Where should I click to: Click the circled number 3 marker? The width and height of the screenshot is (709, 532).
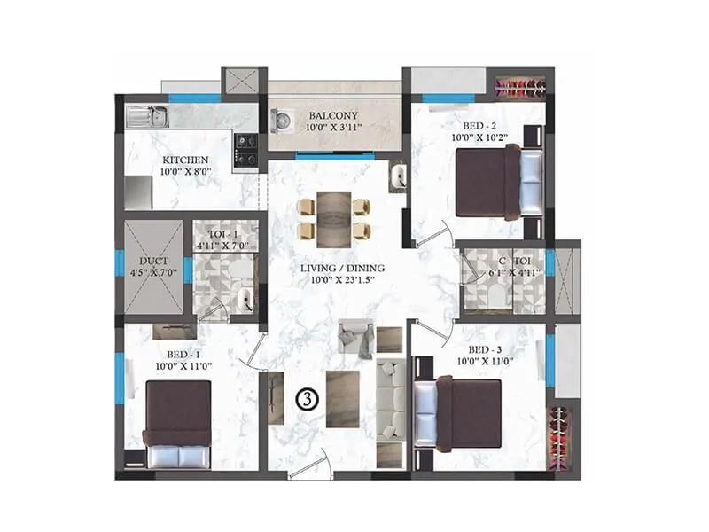304,399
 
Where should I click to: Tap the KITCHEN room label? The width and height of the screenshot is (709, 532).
184,160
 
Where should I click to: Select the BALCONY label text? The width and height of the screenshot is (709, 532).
333,116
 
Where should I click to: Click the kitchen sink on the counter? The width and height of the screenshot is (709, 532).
148,115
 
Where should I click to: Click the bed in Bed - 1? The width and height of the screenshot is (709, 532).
178,423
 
